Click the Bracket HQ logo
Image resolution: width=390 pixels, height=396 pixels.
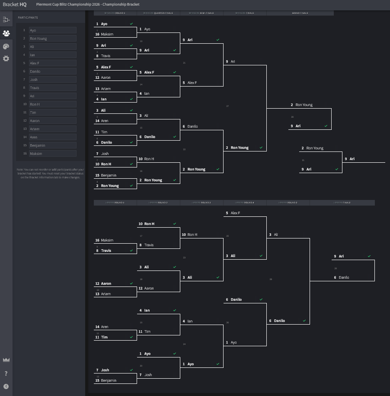point(15,4)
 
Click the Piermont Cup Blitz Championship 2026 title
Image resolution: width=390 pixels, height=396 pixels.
point(88,4)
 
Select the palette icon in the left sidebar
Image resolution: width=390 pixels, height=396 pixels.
point(6,46)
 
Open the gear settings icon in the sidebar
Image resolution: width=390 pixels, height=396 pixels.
point(6,58)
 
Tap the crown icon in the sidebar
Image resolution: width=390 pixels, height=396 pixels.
point(6,360)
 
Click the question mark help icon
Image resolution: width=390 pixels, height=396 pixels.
point(6,373)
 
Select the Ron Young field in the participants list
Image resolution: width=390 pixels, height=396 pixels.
point(52,39)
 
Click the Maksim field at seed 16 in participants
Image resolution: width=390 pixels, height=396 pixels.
point(52,154)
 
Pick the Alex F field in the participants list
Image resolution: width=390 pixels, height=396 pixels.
point(52,63)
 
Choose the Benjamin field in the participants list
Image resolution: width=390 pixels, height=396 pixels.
point(52,145)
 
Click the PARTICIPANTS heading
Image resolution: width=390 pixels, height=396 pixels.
point(28,18)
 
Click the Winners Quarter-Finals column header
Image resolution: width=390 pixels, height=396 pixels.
point(158,13)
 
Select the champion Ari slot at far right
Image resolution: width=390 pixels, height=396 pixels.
point(363,159)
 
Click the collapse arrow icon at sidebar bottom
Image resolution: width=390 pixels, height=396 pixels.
point(6,386)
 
